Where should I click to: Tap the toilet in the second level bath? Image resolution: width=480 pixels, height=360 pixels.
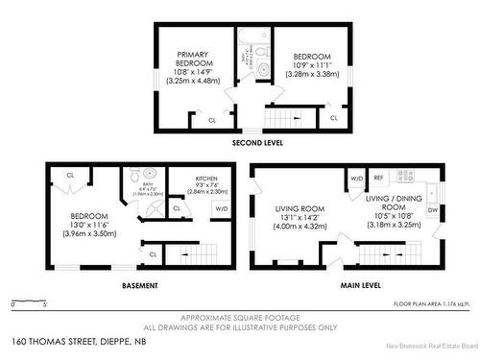click(x=262, y=69)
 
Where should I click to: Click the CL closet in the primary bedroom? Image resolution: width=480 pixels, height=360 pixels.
click(x=212, y=120)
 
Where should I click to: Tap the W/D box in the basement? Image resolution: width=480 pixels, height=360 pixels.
click(x=222, y=208)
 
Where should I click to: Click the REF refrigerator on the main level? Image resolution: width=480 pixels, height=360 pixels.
click(x=378, y=178)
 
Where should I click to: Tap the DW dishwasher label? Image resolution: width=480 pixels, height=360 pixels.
click(x=433, y=209)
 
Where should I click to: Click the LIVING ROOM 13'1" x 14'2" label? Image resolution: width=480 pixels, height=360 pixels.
click(x=300, y=215)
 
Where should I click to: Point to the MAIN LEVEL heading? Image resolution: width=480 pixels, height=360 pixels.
click(x=360, y=285)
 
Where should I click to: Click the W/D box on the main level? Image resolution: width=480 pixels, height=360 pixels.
click(x=356, y=178)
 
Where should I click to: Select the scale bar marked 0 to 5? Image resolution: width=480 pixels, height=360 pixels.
click(x=29, y=303)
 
